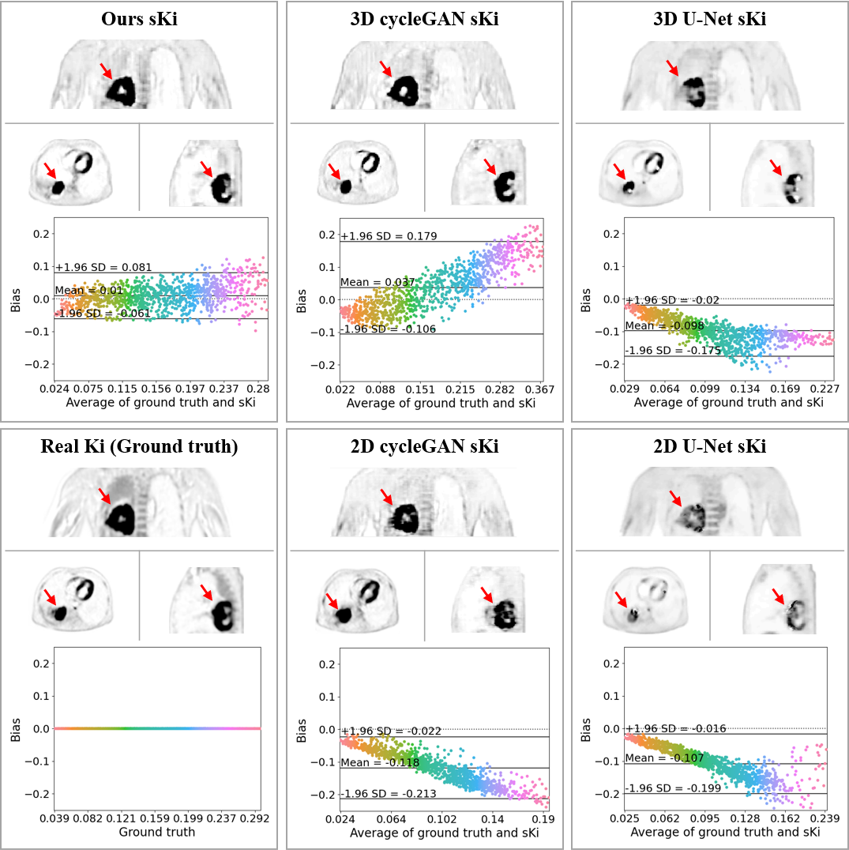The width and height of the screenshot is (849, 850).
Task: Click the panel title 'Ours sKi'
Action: (x=139, y=20)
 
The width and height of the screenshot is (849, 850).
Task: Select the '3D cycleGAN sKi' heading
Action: (x=423, y=20)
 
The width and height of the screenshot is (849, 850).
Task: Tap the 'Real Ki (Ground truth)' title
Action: (x=139, y=447)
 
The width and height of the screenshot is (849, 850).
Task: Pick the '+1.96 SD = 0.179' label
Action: (x=389, y=236)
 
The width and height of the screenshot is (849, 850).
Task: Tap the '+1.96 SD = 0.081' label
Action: (x=103, y=268)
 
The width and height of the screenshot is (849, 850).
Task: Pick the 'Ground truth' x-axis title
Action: (x=157, y=832)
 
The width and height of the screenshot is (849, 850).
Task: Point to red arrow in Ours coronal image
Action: (x=106, y=71)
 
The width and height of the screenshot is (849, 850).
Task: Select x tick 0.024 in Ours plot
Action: (x=55, y=390)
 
